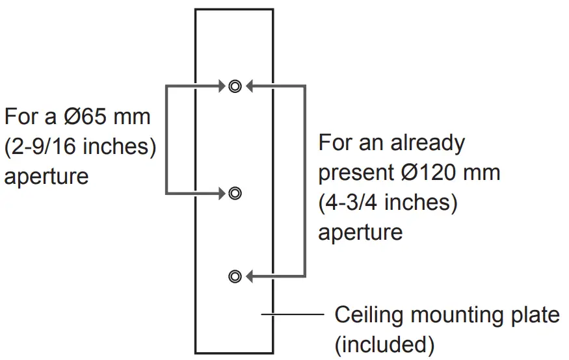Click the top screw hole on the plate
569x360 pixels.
(x=235, y=86)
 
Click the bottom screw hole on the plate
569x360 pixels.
(x=235, y=276)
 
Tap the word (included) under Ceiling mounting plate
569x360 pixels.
(x=384, y=344)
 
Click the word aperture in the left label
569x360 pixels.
(x=46, y=176)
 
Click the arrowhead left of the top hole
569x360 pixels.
(x=220, y=86)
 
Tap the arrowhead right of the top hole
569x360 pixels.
(x=250, y=86)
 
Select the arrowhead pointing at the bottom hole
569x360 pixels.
(x=250, y=276)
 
